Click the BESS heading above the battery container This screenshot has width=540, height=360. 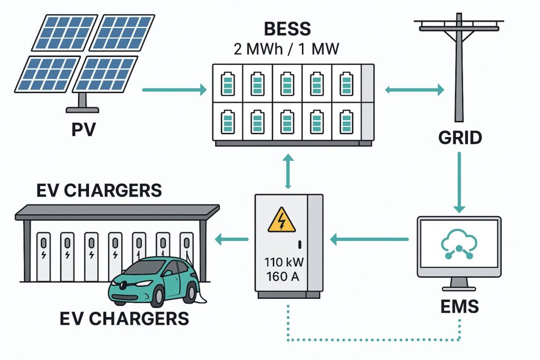pyautogui.click(x=287, y=29)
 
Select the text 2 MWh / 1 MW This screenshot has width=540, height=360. pyautogui.click(x=286, y=49)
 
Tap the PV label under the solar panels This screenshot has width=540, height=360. pyautogui.click(x=83, y=130)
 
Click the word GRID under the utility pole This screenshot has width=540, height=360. pyautogui.click(x=460, y=138)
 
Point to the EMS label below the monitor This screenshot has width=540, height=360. pyautogui.click(x=460, y=306)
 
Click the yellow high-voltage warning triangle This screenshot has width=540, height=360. pyautogui.click(x=282, y=220)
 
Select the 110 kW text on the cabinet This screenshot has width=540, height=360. pyautogui.click(x=284, y=262)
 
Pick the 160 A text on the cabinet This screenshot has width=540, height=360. pyautogui.click(x=283, y=276)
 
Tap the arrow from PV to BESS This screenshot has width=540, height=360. pyautogui.click(x=174, y=90)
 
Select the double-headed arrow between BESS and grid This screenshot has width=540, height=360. pyautogui.click(x=414, y=90)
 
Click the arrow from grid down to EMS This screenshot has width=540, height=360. pyautogui.click(x=459, y=182)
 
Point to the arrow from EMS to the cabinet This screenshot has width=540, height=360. pyautogui.click(x=369, y=239)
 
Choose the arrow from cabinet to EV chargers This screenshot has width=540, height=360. pyautogui.click(x=232, y=239)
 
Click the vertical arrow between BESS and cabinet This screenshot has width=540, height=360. pyautogui.click(x=288, y=171)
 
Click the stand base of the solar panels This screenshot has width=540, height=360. pyautogui.click(x=82, y=110)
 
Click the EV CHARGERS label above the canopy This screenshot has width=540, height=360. pyautogui.click(x=99, y=190)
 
